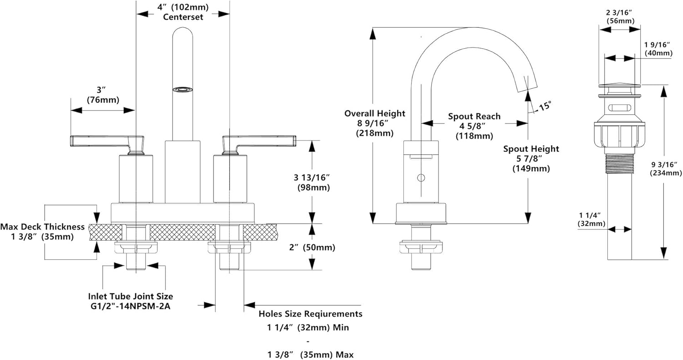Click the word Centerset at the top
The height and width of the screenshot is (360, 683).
pyautogui.click(x=183, y=17)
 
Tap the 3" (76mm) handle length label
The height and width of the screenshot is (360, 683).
pyautogui.click(x=103, y=95)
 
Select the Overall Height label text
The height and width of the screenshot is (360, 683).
pyautogui.click(x=375, y=113)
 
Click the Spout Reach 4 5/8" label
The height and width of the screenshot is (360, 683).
pyautogui.click(x=474, y=126)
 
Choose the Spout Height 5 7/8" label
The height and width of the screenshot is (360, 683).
pyautogui.click(x=531, y=158)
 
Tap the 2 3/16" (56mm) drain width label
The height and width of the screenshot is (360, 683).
pyautogui.click(x=620, y=17)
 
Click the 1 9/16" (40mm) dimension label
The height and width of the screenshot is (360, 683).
pyautogui.click(x=658, y=49)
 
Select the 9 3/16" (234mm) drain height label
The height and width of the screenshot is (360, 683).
pyautogui.click(x=666, y=168)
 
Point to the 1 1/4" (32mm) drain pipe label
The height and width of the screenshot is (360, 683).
pyautogui.click(x=591, y=219)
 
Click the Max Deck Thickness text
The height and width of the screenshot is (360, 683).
pyautogui.click(x=42, y=227)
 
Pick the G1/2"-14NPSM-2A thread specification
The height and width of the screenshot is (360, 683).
pyautogui.click(x=130, y=306)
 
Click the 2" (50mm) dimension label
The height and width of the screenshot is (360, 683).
pyautogui.click(x=312, y=247)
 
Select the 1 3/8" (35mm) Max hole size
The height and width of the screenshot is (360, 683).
pyautogui.click(x=311, y=355)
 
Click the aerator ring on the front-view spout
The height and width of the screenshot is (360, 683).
pyautogui.click(x=183, y=90)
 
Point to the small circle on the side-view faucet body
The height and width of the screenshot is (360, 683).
pyautogui.click(x=421, y=177)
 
